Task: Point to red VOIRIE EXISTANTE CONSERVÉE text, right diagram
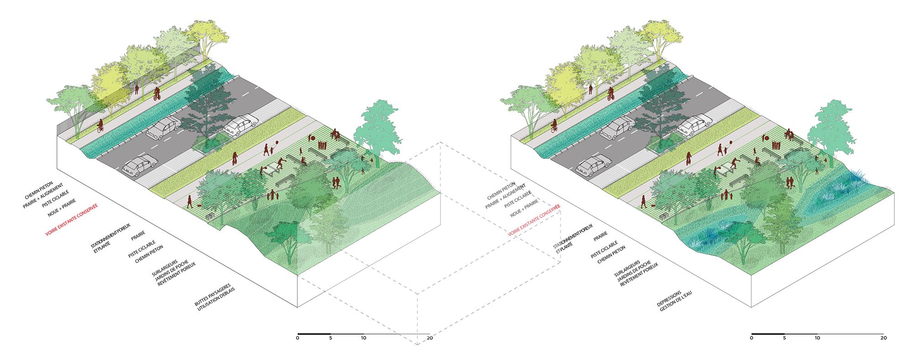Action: coord(534,219)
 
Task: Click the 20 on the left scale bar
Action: coord(430,338)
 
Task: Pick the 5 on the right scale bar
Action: coord(784,338)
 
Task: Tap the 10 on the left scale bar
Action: coord(363,338)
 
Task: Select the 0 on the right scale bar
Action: coord(751,338)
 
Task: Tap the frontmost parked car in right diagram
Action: coord(593,165)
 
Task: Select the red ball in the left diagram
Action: coord(313,137)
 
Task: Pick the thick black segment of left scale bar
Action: coord(314,334)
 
